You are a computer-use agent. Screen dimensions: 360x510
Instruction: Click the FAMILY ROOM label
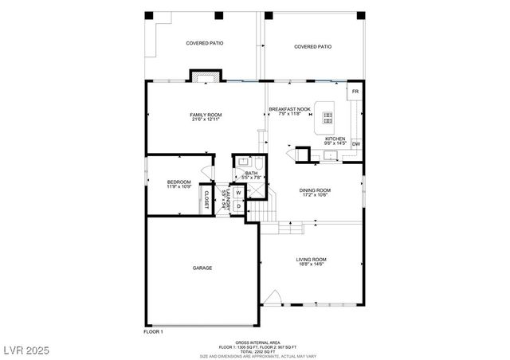[206, 115]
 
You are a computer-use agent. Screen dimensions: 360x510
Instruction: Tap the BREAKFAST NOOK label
[289, 109]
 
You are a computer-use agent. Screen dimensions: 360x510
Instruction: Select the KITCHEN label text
[335, 139]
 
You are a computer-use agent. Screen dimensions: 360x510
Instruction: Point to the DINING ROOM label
[315, 190]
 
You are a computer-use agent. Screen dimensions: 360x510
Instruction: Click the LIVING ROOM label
[312, 260]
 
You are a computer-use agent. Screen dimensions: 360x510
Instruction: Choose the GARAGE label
[202, 268]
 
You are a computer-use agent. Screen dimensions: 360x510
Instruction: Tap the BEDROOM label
[178, 182]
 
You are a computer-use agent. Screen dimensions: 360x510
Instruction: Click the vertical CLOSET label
[206, 200]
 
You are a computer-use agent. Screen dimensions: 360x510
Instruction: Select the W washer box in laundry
[238, 193]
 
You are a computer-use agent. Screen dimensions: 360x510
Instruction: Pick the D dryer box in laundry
[238, 206]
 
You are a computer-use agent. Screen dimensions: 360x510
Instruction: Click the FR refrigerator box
[355, 92]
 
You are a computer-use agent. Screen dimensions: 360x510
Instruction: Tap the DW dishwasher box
[355, 144]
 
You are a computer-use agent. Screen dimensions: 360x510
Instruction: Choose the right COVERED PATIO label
[312, 47]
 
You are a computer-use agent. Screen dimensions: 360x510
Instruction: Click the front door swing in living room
[273, 299]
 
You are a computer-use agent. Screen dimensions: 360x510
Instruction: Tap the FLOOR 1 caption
[153, 331]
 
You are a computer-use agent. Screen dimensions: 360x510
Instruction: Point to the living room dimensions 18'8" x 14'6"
[312, 265]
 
